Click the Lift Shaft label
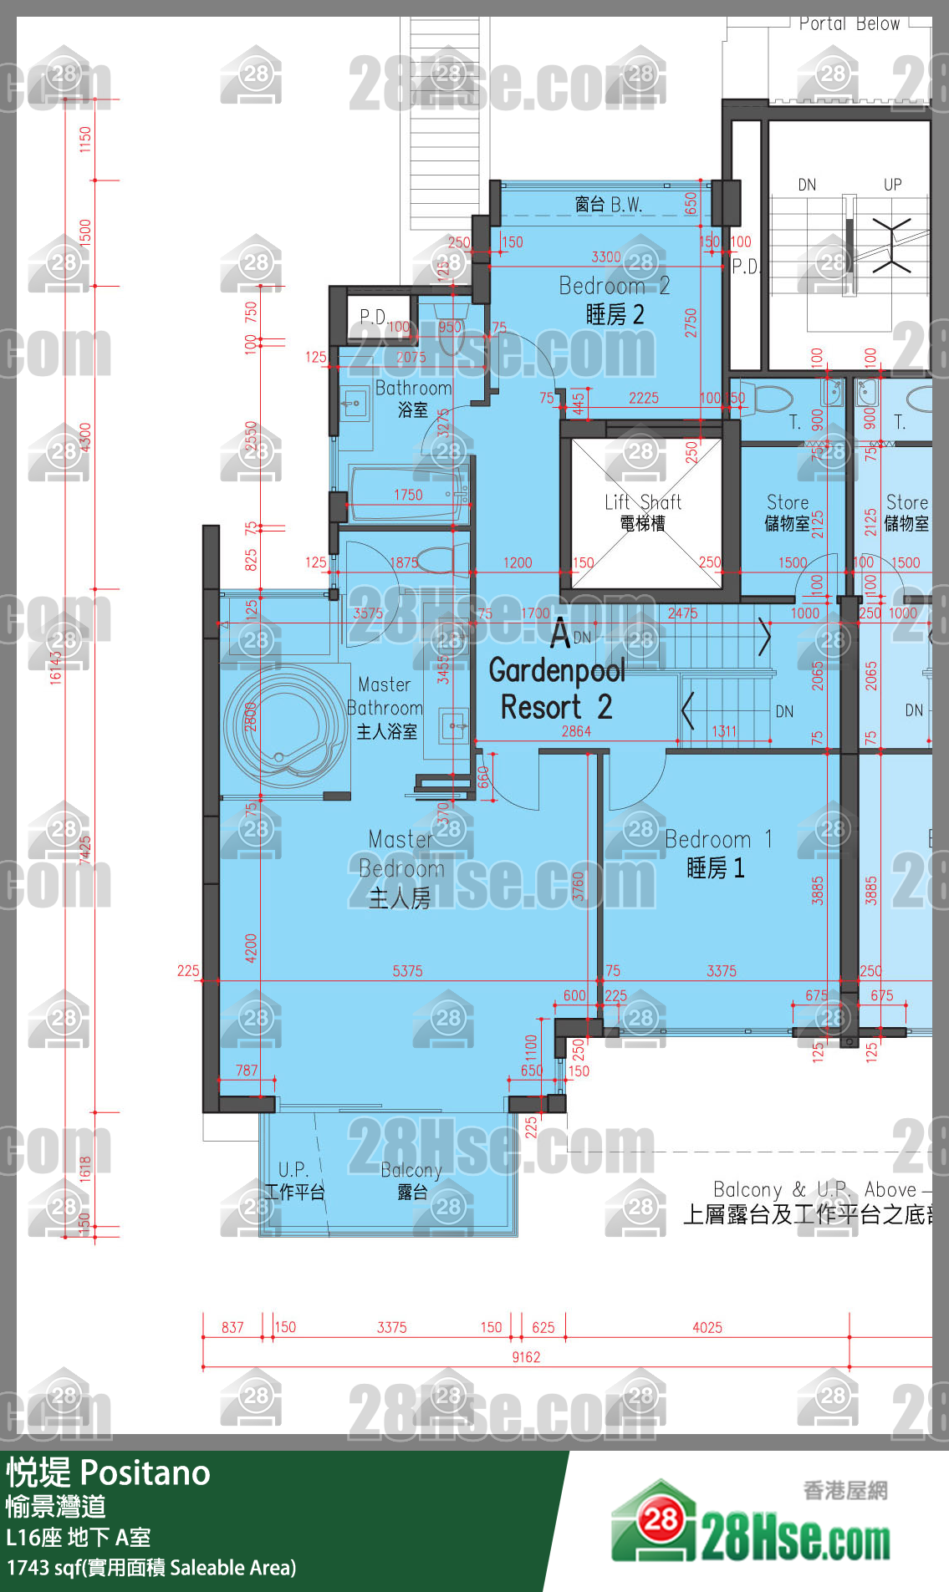[x=643, y=511]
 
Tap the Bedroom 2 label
[x=615, y=299]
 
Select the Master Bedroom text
[x=401, y=868]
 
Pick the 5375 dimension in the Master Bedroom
[x=407, y=971]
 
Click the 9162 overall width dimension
[x=526, y=1357]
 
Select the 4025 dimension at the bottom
[x=707, y=1327]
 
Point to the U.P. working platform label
[x=293, y=1180]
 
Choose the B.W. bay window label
[x=608, y=205]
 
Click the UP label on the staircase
[x=892, y=185]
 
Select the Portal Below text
[x=849, y=24]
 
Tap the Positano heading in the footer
[x=109, y=1472]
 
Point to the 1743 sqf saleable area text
[x=151, y=1567]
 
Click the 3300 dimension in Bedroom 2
[x=605, y=257]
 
